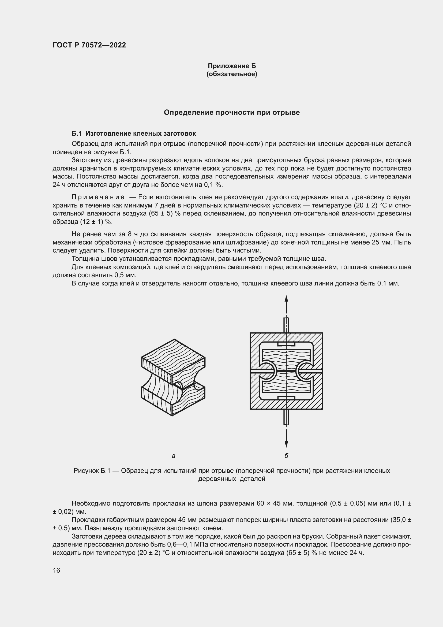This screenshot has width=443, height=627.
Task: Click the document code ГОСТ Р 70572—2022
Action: [89, 45]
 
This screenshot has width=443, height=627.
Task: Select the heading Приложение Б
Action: [232, 66]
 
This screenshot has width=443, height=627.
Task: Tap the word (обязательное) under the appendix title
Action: [232, 74]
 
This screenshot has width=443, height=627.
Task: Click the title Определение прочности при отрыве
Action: [232, 113]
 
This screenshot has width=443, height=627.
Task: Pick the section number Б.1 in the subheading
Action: [77, 133]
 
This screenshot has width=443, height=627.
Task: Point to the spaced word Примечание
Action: [98, 197]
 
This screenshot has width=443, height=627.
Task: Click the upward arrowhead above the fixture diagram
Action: [286, 298]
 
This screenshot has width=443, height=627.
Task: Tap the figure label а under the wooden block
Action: [174, 456]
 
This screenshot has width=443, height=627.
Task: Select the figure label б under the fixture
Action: [286, 455]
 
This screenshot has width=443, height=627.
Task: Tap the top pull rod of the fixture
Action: [286, 325]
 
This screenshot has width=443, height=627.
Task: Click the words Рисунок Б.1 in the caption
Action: [92, 471]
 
